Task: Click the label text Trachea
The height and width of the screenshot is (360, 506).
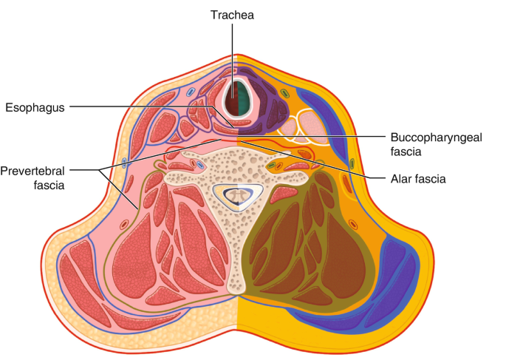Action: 232,15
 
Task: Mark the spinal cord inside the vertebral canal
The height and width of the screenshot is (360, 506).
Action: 237,195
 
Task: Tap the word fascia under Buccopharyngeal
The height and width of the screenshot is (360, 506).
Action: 405,152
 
